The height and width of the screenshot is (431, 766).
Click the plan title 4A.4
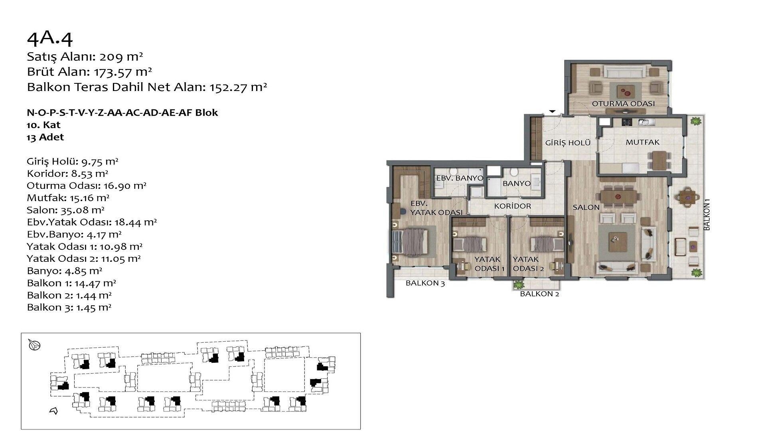[50, 39]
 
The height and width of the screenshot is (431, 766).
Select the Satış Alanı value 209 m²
[121, 57]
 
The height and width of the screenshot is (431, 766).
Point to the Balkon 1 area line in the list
[71, 283]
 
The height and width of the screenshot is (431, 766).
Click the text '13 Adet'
[45, 137]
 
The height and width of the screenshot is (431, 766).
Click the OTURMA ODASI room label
[623, 104]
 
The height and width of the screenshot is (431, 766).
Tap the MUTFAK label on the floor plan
[642, 142]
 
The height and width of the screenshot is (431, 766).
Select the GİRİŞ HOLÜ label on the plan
[568, 142]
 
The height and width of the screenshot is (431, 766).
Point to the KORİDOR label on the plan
[513, 206]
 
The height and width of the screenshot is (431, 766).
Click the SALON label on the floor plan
[586, 208]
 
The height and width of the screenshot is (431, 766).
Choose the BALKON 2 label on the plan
[539, 294]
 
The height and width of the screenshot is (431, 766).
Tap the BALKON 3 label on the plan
[425, 283]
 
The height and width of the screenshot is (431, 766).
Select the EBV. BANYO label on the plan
[460, 178]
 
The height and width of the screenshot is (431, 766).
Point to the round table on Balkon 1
[687, 197]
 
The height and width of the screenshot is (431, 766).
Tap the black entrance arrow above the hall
[553, 111]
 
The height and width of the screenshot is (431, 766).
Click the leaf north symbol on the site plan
[35, 345]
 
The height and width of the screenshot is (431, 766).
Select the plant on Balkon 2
[519, 285]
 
